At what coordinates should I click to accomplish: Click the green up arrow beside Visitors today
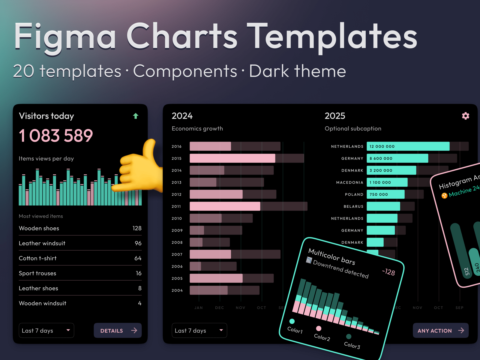(x=136, y=116)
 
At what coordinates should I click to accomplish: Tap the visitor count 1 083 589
(x=56, y=136)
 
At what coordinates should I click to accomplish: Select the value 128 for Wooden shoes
(x=137, y=228)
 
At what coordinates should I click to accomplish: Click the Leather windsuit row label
(x=42, y=243)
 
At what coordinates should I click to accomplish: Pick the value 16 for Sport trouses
(x=138, y=273)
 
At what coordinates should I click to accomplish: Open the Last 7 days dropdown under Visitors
(x=46, y=330)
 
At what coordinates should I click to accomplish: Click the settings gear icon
(x=465, y=116)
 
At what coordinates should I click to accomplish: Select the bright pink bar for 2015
(x=232, y=158)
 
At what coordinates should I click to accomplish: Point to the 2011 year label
(x=176, y=206)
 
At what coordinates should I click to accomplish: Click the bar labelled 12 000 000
(x=408, y=146)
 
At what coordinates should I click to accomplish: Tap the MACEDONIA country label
(x=349, y=182)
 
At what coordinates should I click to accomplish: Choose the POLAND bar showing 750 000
(x=385, y=194)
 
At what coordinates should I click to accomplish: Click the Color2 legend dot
(x=319, y=328)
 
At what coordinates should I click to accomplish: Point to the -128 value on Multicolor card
(x=388, y=272)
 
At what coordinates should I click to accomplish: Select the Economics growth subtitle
(x=197, y=129)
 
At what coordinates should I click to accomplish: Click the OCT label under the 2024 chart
(x=261, y=308)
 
